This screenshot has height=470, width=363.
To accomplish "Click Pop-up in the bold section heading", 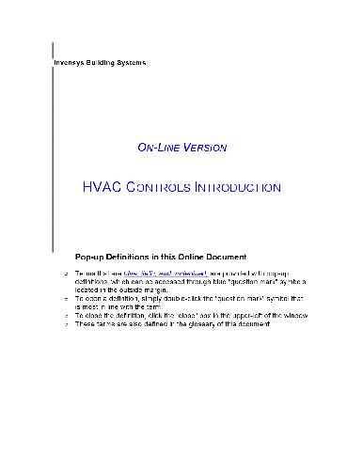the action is tap(91, 255).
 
